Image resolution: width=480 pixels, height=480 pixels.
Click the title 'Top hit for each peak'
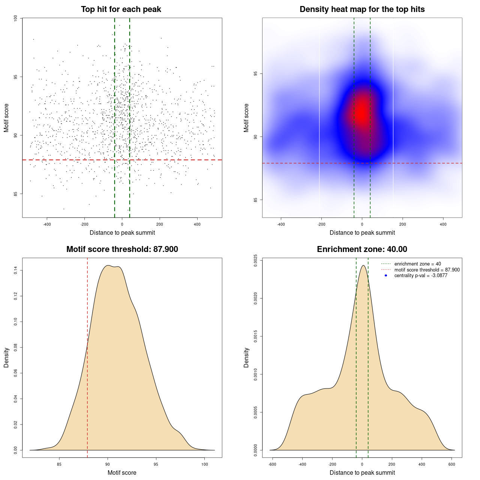coord(121,9)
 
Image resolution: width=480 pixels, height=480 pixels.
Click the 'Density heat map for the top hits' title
coord(362,9)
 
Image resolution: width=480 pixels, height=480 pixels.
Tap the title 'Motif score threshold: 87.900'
coord(122,249)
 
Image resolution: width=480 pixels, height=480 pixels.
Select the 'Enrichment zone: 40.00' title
coord(362,249)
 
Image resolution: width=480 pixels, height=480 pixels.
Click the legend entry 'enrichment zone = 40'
coord(417,264)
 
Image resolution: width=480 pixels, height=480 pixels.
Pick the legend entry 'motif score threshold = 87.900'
coord(427,270)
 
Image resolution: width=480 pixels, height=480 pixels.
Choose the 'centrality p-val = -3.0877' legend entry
coord(421,276)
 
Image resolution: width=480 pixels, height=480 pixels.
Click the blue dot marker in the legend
coord(386,276)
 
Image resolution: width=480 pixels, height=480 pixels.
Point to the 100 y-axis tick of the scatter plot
coord(15,18)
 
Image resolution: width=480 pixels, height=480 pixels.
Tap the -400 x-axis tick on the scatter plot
coord(47,224)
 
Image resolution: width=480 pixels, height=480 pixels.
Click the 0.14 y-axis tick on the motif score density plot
coord(15,270)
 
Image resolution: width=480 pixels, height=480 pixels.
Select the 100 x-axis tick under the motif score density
coord(204,464)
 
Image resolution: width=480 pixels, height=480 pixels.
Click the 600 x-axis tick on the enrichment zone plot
coord(451,464)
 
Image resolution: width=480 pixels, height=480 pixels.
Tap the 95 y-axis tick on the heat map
coord(255,74)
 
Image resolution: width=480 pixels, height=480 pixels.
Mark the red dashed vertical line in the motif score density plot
coord(87,375)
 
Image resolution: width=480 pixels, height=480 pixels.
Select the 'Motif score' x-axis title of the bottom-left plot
coord(122,472)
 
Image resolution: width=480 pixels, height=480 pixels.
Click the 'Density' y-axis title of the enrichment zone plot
coord(246,357)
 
